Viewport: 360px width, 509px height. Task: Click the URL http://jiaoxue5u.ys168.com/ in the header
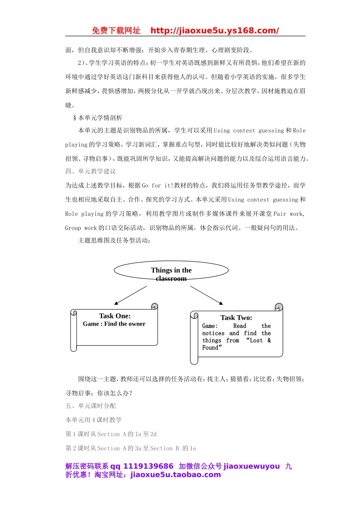(214, 31)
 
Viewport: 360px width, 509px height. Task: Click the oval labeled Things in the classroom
(171, 270)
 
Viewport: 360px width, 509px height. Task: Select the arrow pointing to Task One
(130, 295)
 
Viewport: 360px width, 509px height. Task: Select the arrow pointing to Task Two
(207, 295)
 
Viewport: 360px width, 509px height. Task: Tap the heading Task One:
(115, 316)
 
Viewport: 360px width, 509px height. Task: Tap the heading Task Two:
(236, 318)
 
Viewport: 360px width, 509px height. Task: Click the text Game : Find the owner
(114, 324)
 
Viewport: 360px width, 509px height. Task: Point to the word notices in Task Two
(213, 333)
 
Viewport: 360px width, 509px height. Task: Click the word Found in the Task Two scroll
(210, 348)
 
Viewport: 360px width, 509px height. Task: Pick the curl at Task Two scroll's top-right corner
(279, 307)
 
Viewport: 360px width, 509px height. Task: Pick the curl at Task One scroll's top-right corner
(154, 306)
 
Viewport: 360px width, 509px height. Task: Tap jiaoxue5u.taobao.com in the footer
(175, 475)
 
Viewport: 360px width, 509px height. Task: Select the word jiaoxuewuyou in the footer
(252, 466)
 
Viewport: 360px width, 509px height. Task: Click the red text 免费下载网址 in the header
(116, 31)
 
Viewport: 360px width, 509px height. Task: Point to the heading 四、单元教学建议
(91, 171)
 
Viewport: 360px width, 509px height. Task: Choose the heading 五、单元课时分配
(91, 406)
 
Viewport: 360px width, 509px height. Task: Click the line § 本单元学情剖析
(98, 118)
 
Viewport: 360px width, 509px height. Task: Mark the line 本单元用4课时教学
(94, 420)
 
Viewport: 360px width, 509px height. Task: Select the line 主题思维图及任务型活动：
(114, 240)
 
